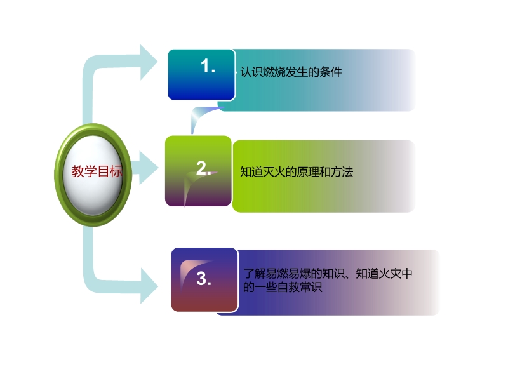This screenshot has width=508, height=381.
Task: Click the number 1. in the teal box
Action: tap(208, 66)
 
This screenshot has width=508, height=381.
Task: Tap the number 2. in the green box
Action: tap(204, 168)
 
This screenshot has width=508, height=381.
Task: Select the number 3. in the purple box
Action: tap(204, 279)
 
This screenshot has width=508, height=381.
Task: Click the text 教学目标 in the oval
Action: tap(97, 171)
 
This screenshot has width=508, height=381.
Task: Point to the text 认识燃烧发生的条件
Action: tap(291, 72)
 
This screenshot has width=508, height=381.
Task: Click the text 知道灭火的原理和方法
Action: tap(297, 171)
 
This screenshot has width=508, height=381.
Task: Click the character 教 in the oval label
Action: tap(78, 171)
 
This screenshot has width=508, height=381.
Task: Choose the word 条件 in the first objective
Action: tap(331, 72)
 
